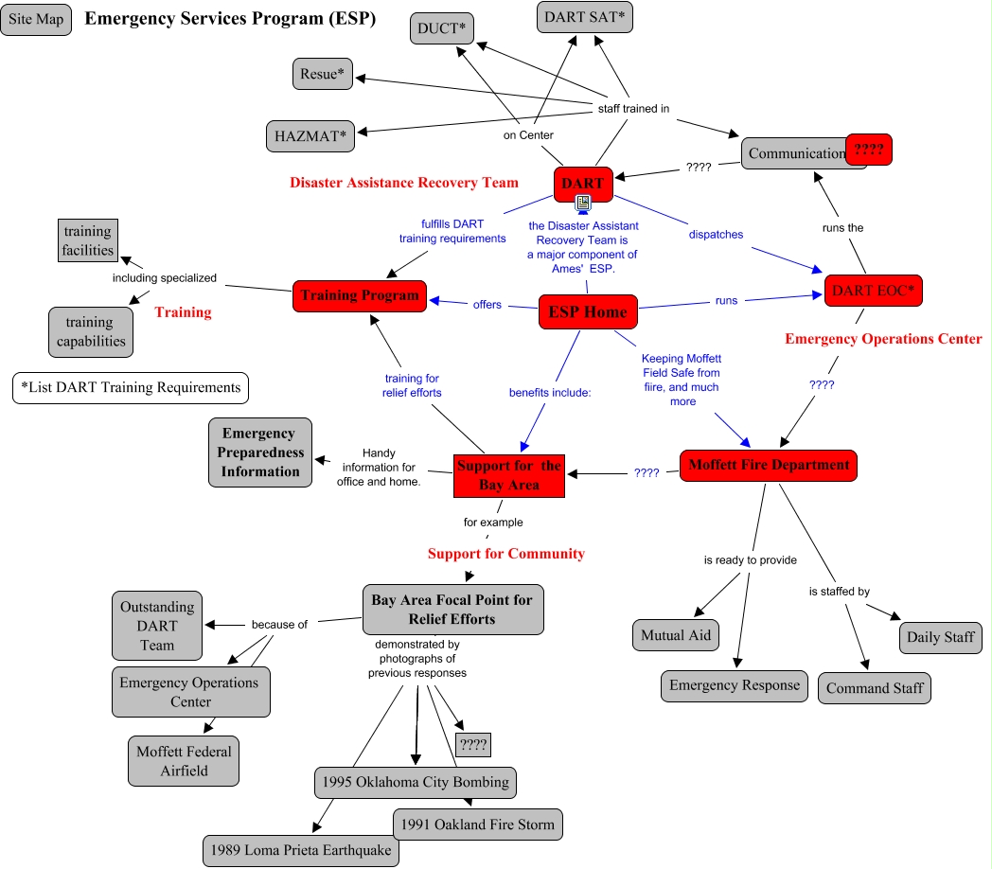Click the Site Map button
point(37,20)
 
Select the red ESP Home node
point(588,312)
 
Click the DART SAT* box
point(585,16)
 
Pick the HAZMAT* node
point(310,136)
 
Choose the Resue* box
point(322,74)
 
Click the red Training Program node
point(360,295)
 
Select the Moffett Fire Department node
point(769,465)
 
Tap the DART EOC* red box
point(873,291)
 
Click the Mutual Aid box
point(676,635)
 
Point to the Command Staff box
point(875,688)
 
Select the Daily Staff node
point(941,637)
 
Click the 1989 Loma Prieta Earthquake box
point(301,850)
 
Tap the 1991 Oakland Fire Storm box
point(478,825)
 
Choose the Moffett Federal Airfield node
point(184,761)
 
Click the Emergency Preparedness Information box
point(260,452)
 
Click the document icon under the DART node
point(583,202)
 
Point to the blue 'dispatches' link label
point(716,234)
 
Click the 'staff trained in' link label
point(633,109)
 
